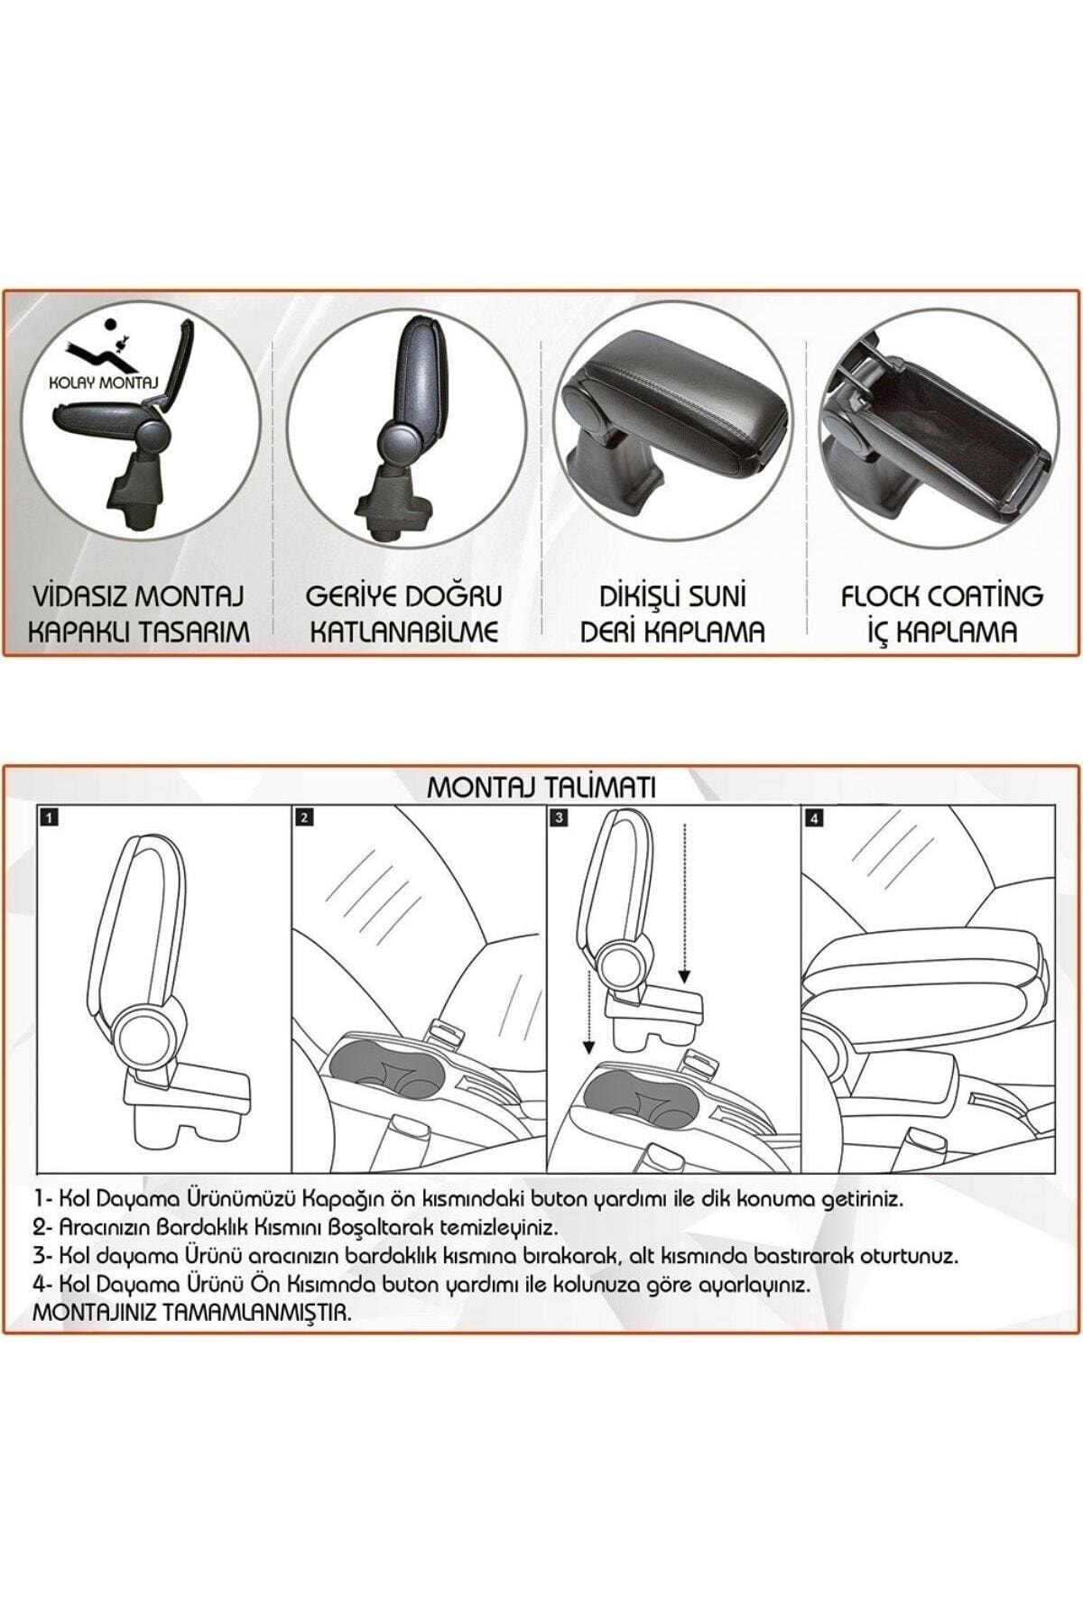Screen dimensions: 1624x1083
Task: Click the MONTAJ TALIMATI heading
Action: click(x=541, y=788)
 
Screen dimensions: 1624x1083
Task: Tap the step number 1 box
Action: click(x=50, y=818)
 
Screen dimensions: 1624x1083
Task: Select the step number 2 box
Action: click(x=304, y=818)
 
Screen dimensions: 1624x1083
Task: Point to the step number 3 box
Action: click(x=560, y=818)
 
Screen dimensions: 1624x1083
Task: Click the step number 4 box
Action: click(x=815, y=818)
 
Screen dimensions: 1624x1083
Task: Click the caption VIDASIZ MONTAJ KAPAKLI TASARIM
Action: click(x=139, y=614)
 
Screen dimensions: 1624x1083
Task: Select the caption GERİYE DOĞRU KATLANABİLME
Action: click(x=403, y=614)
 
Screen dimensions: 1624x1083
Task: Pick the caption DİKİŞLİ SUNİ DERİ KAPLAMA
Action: click(x=672, y=614)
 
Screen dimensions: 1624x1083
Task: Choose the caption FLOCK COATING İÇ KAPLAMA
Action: click(x=941, y=614)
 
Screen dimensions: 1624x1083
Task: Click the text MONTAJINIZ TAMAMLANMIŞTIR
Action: click(x=190, y=1314)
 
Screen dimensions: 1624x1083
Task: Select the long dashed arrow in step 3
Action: click(x=685, y=902)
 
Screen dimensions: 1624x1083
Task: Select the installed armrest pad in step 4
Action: click(x=921, y=983)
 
